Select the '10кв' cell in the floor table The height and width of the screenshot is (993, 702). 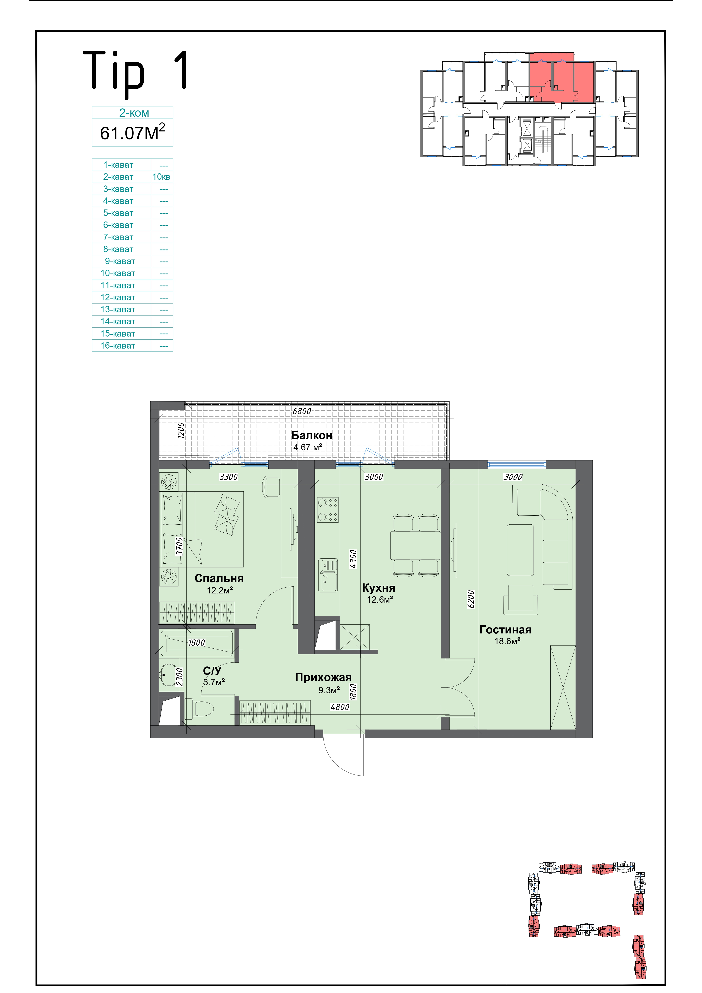pos(161,177)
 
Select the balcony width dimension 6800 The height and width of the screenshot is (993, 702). pos(302,411)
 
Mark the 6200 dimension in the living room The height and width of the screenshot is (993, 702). pos(471,599)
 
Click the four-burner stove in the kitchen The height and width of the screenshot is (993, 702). pos(328,509)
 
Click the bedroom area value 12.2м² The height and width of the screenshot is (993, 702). pos(220,590)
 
